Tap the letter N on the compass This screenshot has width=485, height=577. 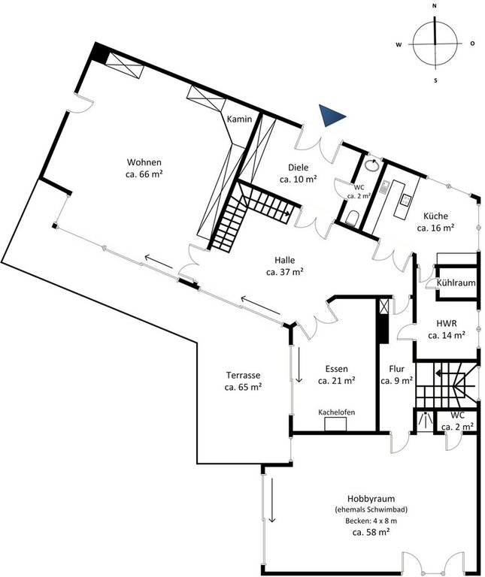pos(435,6)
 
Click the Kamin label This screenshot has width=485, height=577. pos(239,119)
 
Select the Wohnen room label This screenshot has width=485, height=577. pos(144,168)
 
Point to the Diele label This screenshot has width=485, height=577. pos(299,174)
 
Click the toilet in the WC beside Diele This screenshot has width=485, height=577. pos(352,217)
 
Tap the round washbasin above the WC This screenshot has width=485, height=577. pos(372,165)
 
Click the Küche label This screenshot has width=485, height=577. pos(435,222)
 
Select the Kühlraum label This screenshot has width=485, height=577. pos(456,283)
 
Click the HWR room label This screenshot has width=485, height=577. pos(447,329)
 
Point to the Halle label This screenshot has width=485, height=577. pos(285,266)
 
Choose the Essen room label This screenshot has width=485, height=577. pos(337,375)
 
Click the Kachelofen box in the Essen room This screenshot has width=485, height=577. pos(335,424)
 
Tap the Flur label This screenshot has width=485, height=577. pos(396,375)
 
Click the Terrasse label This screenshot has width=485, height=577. pos(243,381)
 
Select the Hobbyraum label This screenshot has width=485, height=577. pos(371,499)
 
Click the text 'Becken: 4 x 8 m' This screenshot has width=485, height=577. pos(371,521)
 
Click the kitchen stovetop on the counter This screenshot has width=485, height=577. pos(406,199)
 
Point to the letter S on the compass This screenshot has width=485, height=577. pos(435,80)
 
